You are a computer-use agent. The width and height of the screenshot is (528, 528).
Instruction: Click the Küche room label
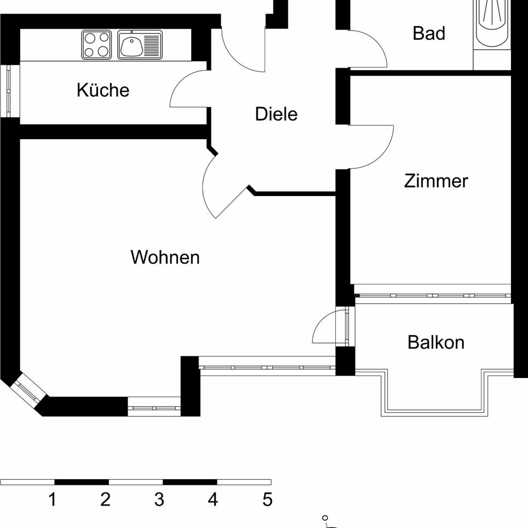(x=103, y=90)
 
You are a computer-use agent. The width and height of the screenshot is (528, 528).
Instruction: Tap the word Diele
(x=276, y=114)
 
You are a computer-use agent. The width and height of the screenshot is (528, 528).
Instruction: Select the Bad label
(x=428, y=33)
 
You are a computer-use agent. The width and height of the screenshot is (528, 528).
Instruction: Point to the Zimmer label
(x=436, y=181)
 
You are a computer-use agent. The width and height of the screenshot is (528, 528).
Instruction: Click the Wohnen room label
(x=165, y=257)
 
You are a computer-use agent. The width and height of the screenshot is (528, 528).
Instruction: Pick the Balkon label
(x=435, y=342)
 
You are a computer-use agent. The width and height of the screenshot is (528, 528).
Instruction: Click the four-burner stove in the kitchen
(x=97, y=44)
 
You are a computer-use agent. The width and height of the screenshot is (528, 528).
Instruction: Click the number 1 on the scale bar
(x=53, y=500)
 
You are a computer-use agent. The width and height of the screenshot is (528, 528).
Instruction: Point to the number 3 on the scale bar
(x=159, y=500)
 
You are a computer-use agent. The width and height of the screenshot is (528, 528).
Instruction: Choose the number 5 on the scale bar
(x=267, y=500)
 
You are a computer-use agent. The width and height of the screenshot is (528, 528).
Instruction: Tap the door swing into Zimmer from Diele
(x=371, y=147)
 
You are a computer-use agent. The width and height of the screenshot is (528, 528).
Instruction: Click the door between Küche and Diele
(x=189, y=90)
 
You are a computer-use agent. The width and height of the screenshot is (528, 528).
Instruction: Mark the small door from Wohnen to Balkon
(x=329, y=328)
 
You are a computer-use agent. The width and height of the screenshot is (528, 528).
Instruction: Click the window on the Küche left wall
(x=9, y=91)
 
